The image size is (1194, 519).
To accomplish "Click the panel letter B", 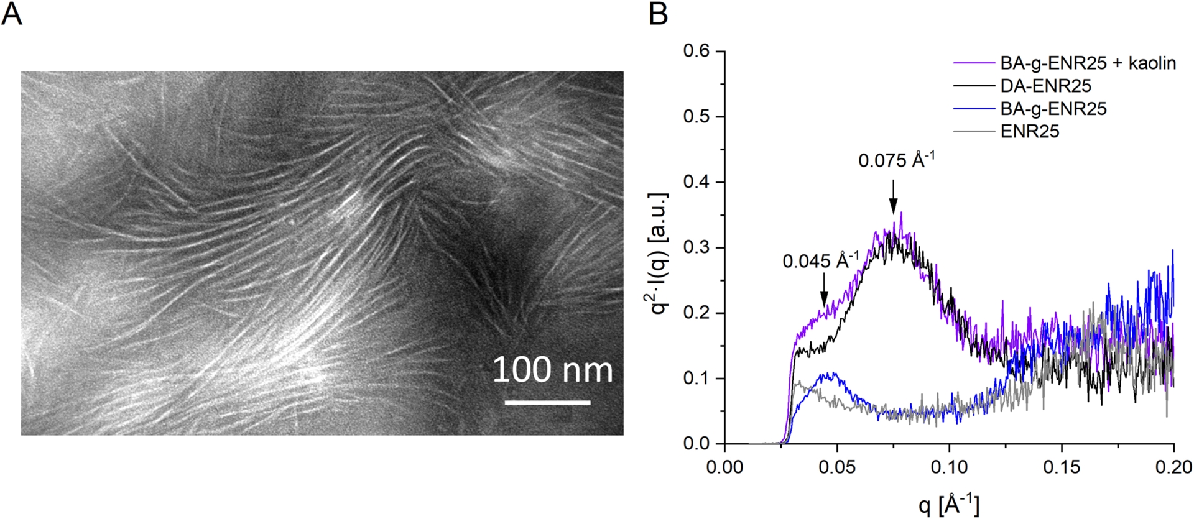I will [x=658, y=14].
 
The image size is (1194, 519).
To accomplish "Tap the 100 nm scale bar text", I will [x=552, y=370].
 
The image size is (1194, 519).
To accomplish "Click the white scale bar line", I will [x=547, y=402].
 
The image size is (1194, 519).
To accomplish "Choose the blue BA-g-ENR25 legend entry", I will [x=1053, y=109].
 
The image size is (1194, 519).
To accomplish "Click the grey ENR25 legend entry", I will [x=1029, y=131].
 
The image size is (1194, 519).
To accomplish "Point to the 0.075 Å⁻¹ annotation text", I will [x=896, y=160].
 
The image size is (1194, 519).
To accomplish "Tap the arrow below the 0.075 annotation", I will [x=894, y=197].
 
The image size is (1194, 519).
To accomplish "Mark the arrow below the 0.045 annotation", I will [x=824, y=291].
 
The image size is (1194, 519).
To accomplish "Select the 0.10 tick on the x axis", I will [x=949, y=466].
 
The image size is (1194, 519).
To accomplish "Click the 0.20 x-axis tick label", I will [x=1173, y=466].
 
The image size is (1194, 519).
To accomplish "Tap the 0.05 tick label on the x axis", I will [x=837, y=466].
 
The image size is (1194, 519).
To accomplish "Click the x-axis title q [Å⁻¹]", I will [x=949, y=505].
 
